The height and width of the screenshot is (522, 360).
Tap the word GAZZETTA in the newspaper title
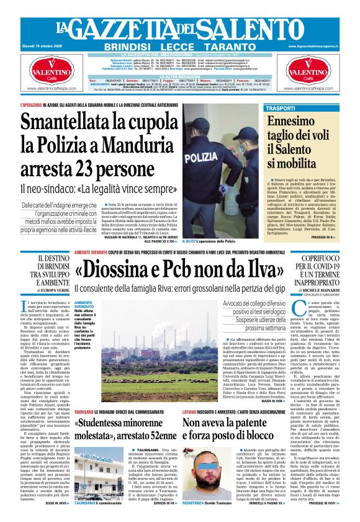(125, 29)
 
